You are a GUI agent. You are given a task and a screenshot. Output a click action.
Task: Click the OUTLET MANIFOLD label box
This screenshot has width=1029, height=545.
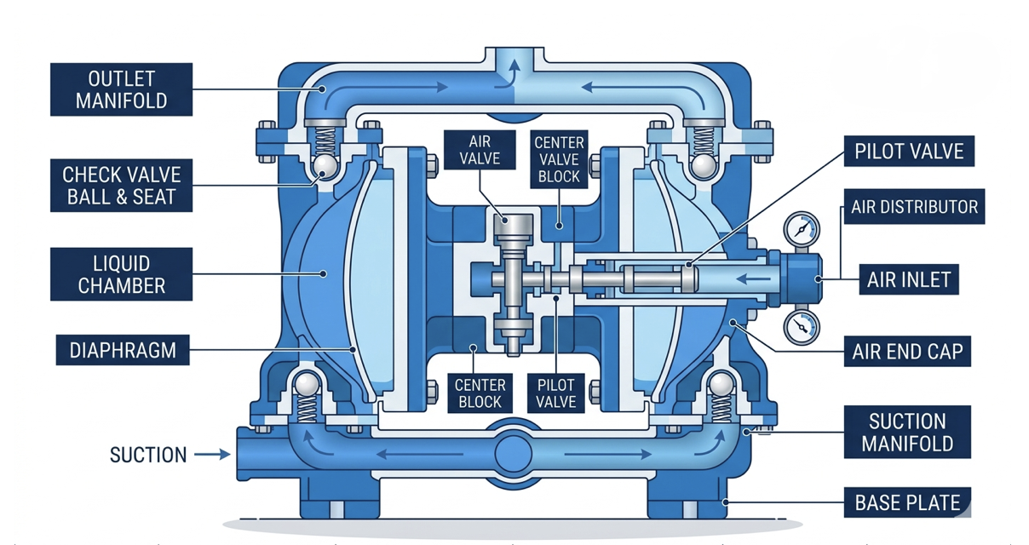(x=121, y=90)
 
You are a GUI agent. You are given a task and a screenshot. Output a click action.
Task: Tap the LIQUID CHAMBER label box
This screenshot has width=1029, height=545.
(x=121, y=273)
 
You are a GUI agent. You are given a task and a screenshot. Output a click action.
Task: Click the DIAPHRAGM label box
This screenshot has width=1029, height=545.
(x=121, y=349)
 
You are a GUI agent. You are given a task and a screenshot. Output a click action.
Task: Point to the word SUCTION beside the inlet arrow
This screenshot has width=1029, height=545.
(x=147, y=455)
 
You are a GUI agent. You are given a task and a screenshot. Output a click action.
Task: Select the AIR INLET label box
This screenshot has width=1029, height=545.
(x=908, y=278)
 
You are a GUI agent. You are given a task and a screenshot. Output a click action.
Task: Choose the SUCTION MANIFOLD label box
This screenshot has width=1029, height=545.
(x=908, y=432)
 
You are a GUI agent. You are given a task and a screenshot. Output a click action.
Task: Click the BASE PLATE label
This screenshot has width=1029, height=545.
(x=908, y=502)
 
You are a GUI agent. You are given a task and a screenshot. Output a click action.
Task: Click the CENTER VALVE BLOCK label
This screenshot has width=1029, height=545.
(x=558, y=158)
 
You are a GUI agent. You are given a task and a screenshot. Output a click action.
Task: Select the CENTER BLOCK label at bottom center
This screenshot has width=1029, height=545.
(x=480, y=393)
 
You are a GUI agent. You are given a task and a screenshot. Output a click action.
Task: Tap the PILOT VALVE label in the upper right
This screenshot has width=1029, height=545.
(x=908, y=152)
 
